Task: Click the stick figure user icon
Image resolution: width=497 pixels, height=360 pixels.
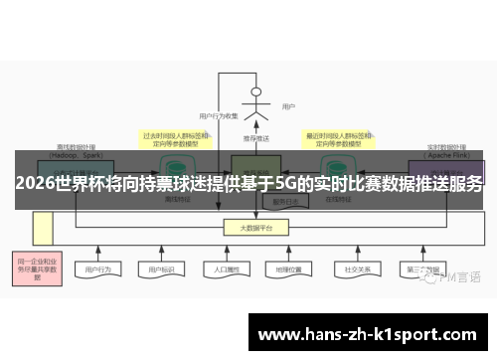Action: coord(256,103)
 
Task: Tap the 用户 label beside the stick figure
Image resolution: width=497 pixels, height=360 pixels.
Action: coord(288,106)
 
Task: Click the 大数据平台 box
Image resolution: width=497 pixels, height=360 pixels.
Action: coord(255,228)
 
